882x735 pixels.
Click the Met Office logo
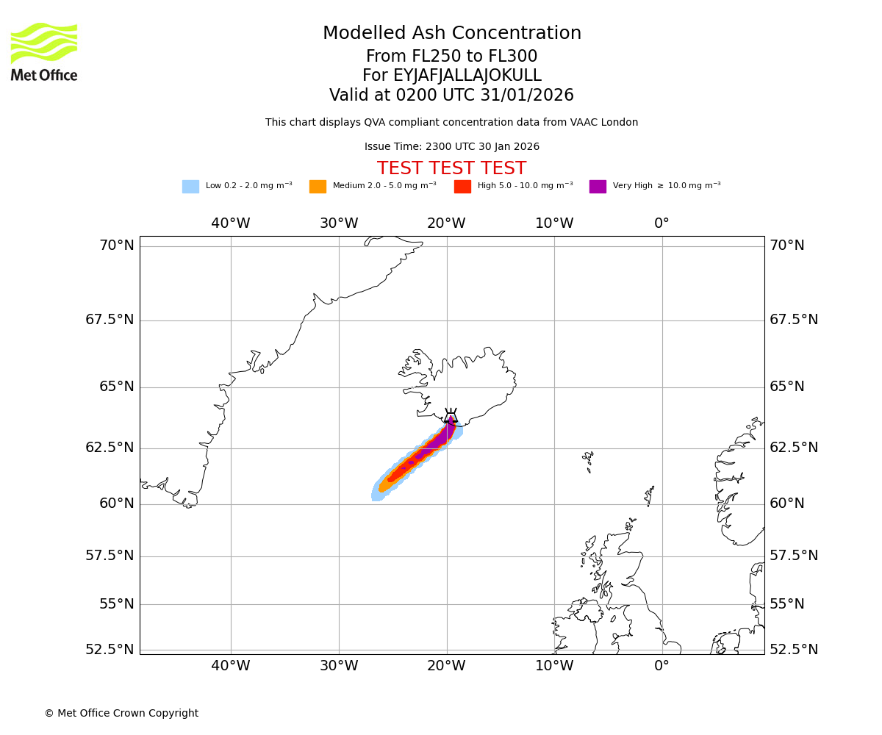coord(44,51)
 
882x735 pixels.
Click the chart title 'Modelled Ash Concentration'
coord(451,34)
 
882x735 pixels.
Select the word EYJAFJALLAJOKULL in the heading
coord(467,76)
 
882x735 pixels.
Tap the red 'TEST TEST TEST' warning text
coord(451,169)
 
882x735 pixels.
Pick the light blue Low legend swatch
coord(190,187)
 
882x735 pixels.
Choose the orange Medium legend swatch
coord(318,187)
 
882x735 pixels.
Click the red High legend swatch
coord(462,187)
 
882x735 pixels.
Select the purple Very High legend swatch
coord(598,187)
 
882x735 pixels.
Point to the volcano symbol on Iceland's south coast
coord(451,417)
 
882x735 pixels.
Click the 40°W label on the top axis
coord(231,223)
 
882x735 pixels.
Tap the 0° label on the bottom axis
coord(661,666)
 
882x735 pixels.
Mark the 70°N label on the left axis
coord(117,245)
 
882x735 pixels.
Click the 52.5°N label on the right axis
coord(794,650)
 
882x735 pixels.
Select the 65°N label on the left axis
coord(117,387)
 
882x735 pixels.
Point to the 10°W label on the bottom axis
coord(554,666)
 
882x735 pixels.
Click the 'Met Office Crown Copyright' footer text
coord(121,714)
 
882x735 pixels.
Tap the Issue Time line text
coord(451,147)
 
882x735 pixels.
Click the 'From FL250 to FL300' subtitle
coord(451,57)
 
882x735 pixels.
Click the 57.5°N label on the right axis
coord(794,556)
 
